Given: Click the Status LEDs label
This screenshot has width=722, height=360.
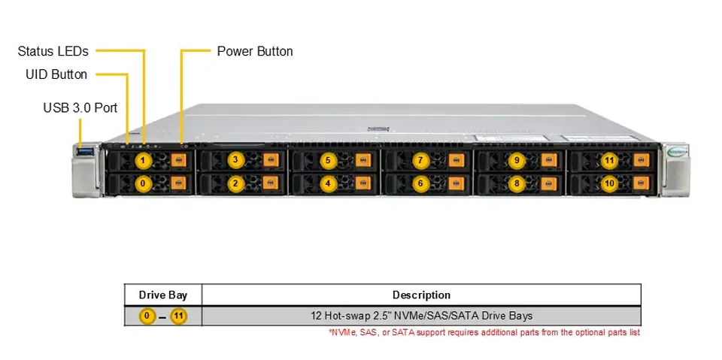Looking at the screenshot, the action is [53, 51].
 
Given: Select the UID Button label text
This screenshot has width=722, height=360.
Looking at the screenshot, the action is [56, 74].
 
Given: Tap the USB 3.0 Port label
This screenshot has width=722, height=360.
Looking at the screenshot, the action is [80, 108].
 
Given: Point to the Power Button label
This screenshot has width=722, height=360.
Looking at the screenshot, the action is [255, 51].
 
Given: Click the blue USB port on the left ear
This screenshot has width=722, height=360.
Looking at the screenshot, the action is [86, 151].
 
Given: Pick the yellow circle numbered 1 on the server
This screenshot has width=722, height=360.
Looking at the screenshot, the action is [144, 161].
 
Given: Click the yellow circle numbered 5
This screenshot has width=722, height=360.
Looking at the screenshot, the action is [328, 161].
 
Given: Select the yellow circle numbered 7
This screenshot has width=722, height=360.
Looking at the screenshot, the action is [420, 161].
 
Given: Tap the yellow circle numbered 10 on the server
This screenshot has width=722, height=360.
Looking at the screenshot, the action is [610, 183].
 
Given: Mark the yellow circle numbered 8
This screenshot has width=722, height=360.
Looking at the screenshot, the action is [517, 183].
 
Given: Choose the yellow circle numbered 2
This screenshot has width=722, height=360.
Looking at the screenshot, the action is [235, 183].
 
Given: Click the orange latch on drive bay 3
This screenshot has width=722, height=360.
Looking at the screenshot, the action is [270, 160].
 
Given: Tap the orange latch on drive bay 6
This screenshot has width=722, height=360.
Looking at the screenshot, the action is [456, 183].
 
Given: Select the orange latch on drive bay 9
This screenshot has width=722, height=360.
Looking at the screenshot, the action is [549, 160].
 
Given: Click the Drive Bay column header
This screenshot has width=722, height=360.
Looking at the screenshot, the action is [163, 295].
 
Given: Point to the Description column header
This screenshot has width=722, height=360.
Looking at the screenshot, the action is [421, 295].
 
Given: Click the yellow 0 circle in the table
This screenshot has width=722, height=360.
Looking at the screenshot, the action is [147, 316].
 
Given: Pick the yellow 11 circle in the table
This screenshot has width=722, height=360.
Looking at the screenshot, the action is [179, 316].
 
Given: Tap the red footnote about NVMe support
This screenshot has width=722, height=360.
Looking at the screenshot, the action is [484, 332].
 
